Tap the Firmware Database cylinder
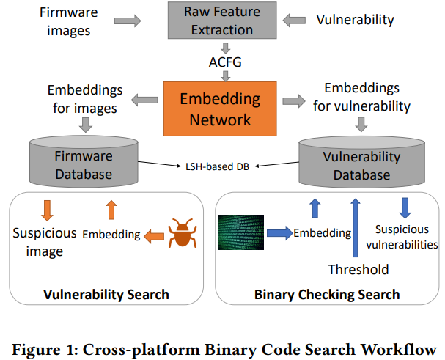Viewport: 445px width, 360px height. tap(84, 163)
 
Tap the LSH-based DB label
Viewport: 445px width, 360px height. tap(217, 166)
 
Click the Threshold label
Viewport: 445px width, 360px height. tap(358, 269)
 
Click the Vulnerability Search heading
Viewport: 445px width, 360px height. tap(107, 295)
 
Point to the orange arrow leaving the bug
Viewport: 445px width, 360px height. tap(152, 235)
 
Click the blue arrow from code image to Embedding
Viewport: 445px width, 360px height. tap(279, 233)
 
